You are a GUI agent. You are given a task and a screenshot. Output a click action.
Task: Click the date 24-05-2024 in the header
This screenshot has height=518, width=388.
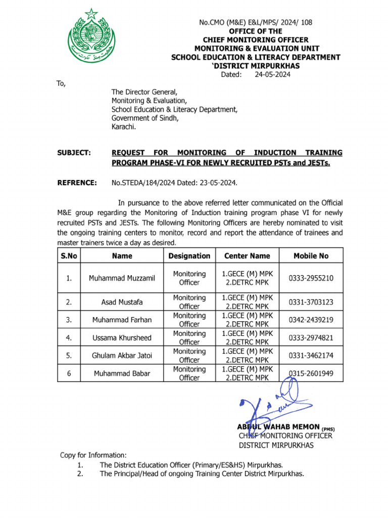pos(272,75)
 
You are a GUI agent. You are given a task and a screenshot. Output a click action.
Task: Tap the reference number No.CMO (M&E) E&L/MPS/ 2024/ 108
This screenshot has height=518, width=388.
pos(255,22)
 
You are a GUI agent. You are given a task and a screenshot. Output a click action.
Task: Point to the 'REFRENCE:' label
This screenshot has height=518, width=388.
pos(76,183)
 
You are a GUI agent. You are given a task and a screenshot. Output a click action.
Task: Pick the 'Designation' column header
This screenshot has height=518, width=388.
pos(189,256)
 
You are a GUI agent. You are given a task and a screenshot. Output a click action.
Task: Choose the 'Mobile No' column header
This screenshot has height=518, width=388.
pos(311,256)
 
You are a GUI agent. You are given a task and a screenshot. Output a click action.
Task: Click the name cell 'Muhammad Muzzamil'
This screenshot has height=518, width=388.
pos(122,278)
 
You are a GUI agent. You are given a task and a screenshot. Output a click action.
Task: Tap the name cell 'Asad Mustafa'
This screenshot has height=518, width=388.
pos(122,302)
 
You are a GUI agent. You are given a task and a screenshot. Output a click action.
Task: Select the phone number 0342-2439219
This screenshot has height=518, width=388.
pos(311,320)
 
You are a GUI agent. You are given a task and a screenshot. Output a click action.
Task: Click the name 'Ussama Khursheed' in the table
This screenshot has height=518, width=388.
pos(122,337)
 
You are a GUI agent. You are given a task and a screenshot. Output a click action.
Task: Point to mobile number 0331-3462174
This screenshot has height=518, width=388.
pos(311,356)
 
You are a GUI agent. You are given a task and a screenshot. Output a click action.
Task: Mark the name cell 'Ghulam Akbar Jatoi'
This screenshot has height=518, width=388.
pos(122,356)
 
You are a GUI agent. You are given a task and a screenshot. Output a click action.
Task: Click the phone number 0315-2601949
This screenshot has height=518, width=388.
pos(311,374)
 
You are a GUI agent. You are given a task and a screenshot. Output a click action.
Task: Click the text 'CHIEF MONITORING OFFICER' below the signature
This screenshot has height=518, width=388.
pos(285,436)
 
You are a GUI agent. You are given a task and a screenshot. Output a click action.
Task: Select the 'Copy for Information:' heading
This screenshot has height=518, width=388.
pos(93,455)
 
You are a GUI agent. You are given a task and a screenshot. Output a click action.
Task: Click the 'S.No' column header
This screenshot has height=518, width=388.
pos(69,256)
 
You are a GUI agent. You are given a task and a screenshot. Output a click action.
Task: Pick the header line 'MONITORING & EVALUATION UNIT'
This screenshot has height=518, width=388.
pos(255,48)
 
